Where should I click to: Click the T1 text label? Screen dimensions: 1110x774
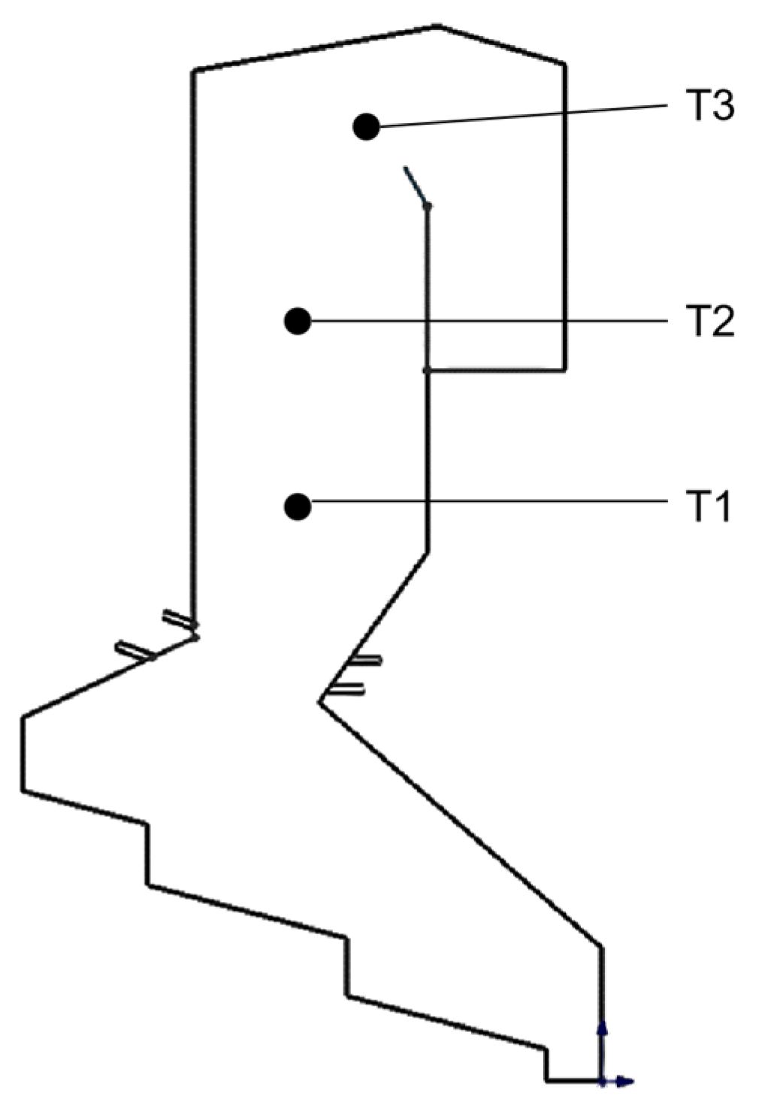(x=708, y=507)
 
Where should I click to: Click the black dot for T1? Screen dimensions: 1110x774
(x=298, y=507)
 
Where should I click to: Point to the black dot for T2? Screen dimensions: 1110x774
(x=298, y=321)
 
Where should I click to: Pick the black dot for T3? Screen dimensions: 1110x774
(x=367, y=127)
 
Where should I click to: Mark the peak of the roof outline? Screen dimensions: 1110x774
(x=439, y=27)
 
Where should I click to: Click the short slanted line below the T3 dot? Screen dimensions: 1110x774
(x=415, y=185)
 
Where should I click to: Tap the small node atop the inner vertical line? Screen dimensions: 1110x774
(x=428, y=205)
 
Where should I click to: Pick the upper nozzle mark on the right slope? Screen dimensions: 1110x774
(x=366, y=661)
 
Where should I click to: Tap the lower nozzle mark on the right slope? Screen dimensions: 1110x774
(x=349, y=688)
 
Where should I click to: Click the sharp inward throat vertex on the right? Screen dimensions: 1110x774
(x=320, y=702)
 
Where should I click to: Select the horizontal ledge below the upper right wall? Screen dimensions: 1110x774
(x=496, y=370)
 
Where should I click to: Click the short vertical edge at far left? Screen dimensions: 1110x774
(x=23, y=753)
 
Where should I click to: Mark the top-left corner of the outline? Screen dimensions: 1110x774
(x=195, y=71)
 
